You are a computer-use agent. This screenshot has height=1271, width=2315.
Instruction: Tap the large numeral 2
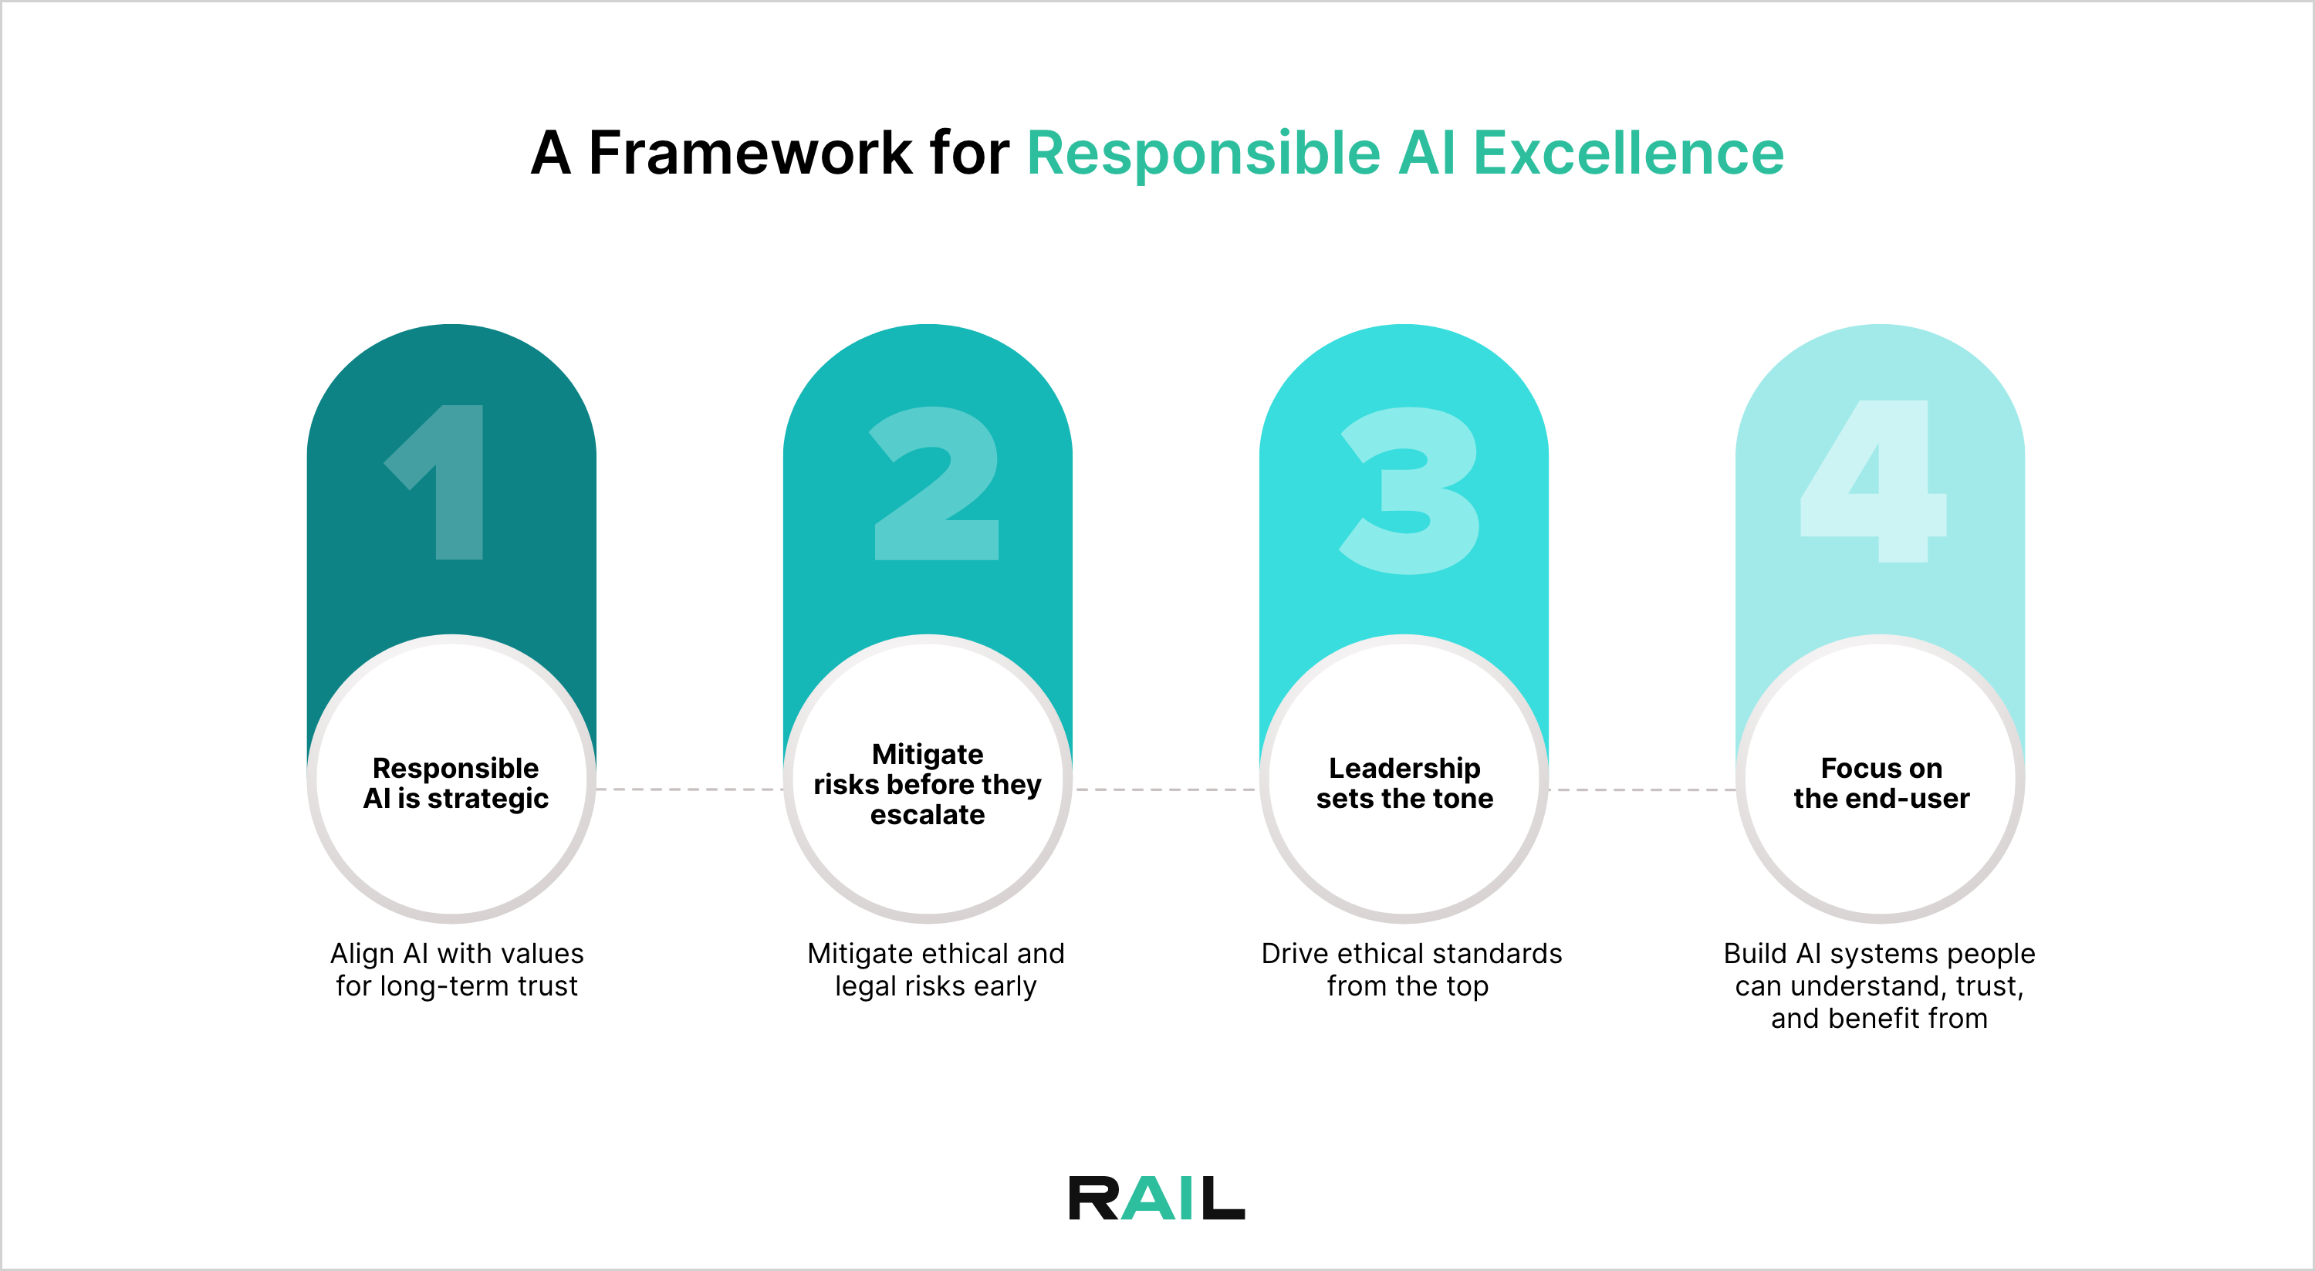coord(934,485)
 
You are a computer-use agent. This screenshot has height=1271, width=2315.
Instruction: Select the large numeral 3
coord(1409,490)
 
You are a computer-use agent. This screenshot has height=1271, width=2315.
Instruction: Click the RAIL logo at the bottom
coord(1157,1198)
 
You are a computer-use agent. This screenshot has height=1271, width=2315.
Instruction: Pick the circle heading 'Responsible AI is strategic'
coord(455,783)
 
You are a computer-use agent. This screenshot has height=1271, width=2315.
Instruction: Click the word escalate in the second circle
coord(928,814)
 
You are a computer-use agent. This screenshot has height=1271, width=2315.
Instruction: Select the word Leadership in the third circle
coord(1404,768)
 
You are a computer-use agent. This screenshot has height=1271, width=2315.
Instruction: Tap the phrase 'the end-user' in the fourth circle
coord(1881,798)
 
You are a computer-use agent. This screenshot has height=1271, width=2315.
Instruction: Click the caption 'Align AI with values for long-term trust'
coord(457,969)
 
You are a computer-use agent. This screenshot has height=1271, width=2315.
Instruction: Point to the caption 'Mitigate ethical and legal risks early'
coord(935,969)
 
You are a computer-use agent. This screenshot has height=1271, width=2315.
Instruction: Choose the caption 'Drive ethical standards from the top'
coord(1411,969)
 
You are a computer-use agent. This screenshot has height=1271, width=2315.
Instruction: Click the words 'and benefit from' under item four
coord(1879,1019)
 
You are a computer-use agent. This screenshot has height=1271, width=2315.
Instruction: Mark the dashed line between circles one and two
coord(689,789)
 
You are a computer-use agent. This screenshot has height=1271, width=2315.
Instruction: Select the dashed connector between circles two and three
coord(1165,789)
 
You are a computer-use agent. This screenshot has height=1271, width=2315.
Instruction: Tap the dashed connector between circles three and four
coord(1642,789)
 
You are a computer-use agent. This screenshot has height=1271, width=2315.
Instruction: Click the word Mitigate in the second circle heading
coord(928,753)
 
